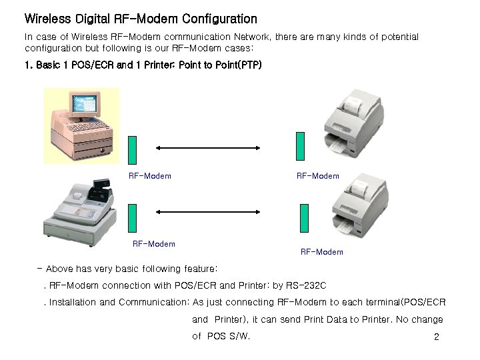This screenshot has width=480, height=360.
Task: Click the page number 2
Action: [437, 337]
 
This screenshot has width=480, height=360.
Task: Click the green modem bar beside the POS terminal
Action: [132, 149]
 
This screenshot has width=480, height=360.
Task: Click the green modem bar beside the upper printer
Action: [300, 146]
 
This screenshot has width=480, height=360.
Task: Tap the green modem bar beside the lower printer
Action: [305, 218]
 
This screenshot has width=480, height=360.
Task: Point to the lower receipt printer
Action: [360, 203]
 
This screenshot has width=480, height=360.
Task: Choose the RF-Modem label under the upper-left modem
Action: [149, 176]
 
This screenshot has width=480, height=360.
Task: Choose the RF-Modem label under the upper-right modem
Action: [317, 176]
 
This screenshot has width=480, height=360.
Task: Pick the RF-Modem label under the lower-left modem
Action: [154, 244]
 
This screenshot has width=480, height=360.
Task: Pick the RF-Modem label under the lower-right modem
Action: [321, 252]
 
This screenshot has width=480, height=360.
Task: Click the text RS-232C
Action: [305, 286]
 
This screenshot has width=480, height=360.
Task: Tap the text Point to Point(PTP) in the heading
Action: [221, 65]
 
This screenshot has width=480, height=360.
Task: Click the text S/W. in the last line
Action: [239, 336]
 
